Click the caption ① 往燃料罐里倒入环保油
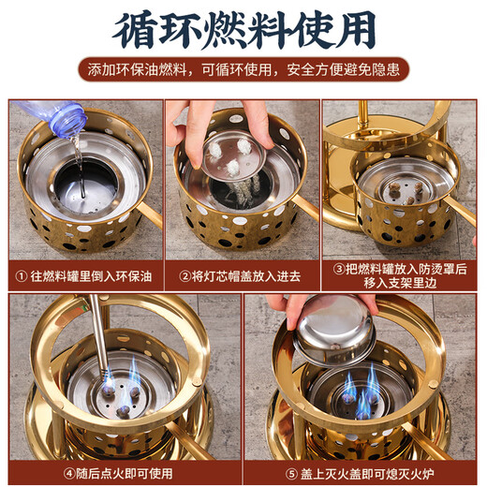(x=82, y=277)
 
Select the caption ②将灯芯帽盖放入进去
(x=241, y=277)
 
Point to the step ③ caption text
(x=399, y=277)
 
